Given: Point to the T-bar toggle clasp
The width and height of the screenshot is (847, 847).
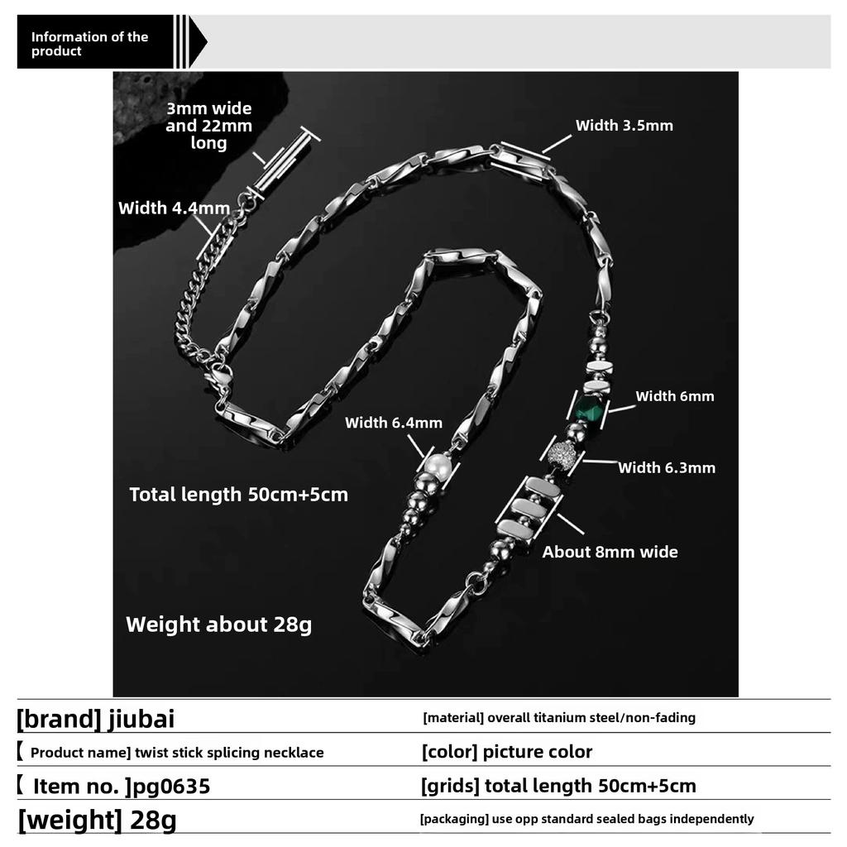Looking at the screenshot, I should coord(284,162).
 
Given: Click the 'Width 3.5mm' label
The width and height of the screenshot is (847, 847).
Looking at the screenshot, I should coord(624,126).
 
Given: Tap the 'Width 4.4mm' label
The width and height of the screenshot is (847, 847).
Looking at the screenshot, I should coord(174,208).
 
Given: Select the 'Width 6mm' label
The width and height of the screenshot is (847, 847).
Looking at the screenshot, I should coord(674,396).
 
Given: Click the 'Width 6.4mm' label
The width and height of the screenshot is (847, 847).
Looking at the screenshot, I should coord(394,423).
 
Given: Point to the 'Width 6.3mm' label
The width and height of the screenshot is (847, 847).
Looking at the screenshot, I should coord(667,468).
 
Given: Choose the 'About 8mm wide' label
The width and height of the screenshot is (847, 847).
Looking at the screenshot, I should coord(610,552).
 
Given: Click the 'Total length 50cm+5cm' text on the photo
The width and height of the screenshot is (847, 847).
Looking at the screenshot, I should coord(238,495).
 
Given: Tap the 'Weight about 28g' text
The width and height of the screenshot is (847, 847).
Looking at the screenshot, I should coord(218,624).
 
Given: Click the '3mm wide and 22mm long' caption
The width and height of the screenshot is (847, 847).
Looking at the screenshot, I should coord(208,126).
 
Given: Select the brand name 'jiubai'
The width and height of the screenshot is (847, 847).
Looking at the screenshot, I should coord(141,719).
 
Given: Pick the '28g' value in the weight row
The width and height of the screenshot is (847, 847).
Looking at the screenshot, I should coord(155,821).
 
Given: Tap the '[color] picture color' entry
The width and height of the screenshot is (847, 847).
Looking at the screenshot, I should coord(507,752).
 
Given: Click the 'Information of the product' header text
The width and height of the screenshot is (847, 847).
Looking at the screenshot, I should coord(89,44).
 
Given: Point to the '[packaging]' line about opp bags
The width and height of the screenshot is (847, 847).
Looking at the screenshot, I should coord(587,819).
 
